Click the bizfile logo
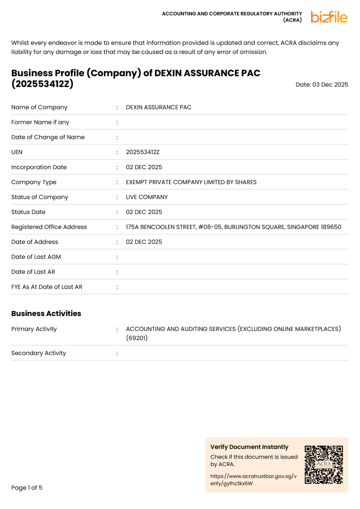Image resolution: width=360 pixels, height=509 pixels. tap(329, 17)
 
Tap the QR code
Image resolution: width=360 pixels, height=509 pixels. tap(324, 464)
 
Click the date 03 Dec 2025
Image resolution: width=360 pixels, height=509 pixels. tap(321, 85)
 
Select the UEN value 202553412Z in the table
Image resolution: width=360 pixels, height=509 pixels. tap(142, 152)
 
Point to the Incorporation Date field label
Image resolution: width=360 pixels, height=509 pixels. tap(39, 167)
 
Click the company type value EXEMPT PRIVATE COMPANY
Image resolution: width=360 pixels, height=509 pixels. tap(191, 182)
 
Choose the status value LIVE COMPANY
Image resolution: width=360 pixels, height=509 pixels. tap(147, 197)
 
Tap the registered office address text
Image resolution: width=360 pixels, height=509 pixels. tap(233, 227)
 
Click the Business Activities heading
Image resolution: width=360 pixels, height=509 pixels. tap(46, 313)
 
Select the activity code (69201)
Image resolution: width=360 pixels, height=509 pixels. tap(137, 338)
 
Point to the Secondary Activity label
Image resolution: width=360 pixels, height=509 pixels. tap(38, 353)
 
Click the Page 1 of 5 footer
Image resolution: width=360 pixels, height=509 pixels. tap(27, 487)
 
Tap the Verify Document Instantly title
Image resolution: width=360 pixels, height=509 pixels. tap(249, 447)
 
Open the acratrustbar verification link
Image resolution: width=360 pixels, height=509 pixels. tap(253, 480)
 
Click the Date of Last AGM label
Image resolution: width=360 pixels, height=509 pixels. tap(36, 257)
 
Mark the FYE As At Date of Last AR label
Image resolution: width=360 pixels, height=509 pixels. tap(47, 287)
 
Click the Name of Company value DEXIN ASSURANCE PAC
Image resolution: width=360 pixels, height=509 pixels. tap(158, 107)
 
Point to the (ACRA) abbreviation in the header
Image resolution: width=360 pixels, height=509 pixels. tap(292, 20)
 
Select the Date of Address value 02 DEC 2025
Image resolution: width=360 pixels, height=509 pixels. tap(144, 242)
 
